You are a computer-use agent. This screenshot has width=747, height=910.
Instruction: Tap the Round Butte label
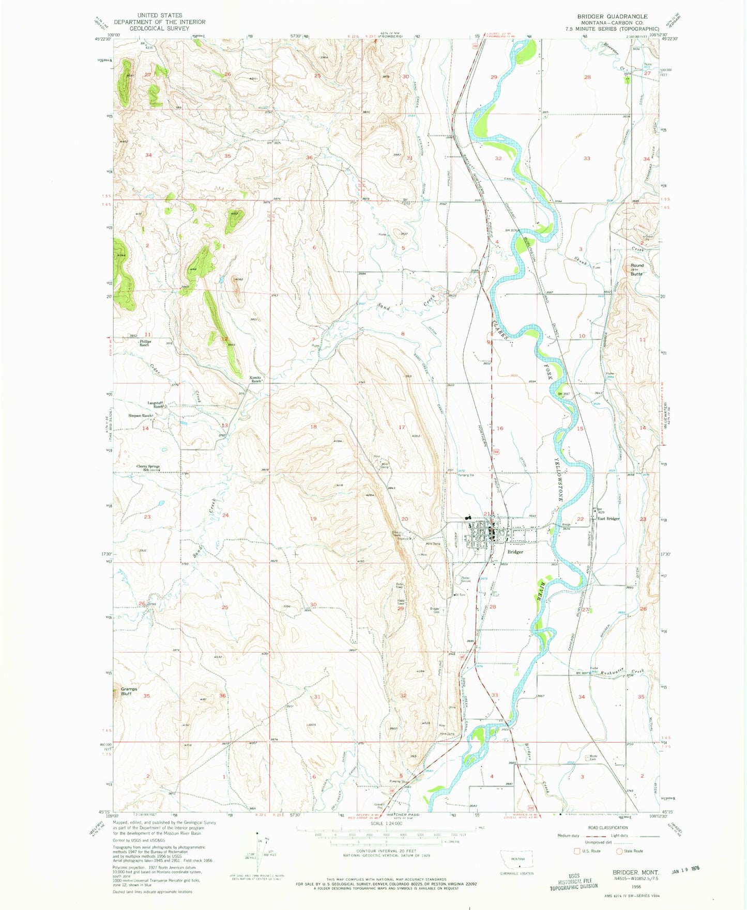[636, 270]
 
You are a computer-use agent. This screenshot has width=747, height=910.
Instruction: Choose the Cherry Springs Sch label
[148, 468]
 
